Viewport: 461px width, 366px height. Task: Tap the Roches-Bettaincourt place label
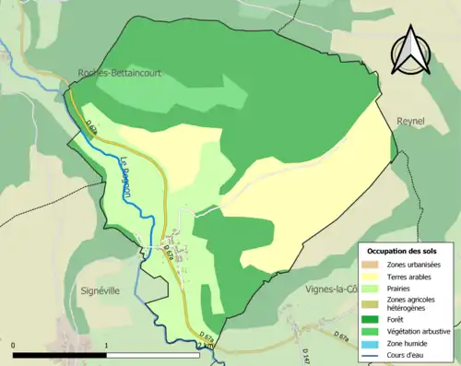pos(119,77)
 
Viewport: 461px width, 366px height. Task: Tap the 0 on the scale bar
pos(14,346)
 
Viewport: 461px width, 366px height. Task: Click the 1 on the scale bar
pos(106,346)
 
